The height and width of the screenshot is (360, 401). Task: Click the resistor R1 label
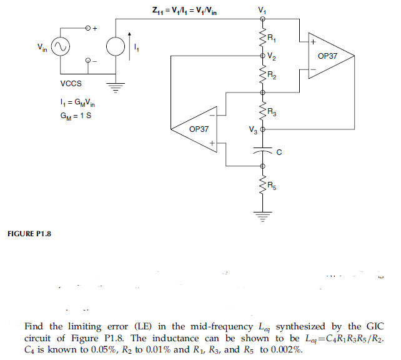(270, 39)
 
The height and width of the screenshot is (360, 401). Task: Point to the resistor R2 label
(270, 76)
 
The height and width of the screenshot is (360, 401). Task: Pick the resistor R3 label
(270, 112)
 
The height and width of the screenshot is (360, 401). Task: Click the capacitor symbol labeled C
(262, 151)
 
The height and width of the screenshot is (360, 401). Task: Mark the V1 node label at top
(261, 10)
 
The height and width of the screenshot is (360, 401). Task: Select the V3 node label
(252, 130)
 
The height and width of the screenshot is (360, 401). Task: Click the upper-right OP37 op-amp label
(327, 56)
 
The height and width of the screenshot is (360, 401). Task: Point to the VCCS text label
(71, 83)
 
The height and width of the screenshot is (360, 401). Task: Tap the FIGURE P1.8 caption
(29, 234)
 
